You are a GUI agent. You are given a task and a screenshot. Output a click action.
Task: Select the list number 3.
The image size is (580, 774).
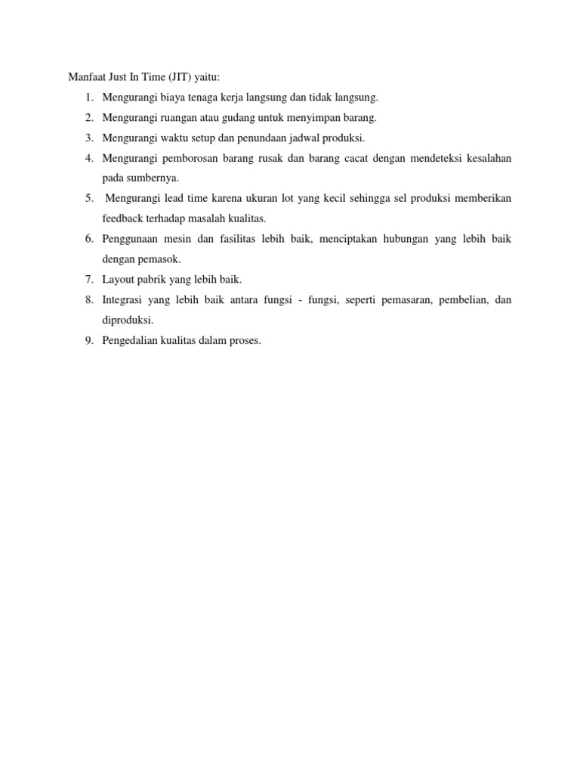point(88,138)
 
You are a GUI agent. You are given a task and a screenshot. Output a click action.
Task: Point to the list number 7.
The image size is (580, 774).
point(88,280)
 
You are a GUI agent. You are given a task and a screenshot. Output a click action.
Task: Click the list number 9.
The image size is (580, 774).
point(88,341)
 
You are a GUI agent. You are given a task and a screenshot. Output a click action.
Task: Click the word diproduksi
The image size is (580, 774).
point(128,320)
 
